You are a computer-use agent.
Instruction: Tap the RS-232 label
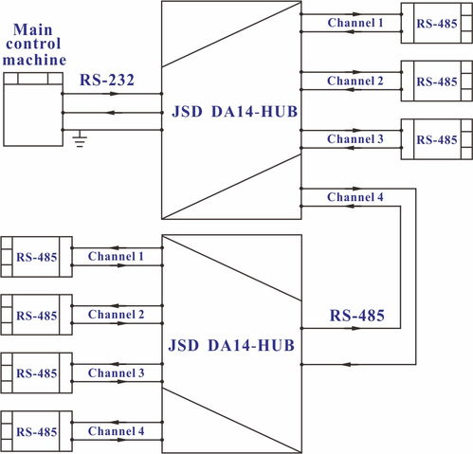[x=107, y=80]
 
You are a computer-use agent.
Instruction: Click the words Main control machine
[x=34, y=45]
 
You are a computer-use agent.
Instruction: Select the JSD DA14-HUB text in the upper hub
[x=235, y=112]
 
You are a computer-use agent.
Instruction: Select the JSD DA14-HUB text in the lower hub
[x=231, y=345]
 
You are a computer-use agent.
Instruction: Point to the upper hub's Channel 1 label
[x=355, y=23]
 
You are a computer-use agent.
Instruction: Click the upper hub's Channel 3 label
[x=355, y=138]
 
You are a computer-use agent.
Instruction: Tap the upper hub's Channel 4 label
[x=355, y=197]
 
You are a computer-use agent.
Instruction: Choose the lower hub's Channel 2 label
[x=116, y=315]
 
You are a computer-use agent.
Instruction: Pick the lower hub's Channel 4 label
[x=116, y=431]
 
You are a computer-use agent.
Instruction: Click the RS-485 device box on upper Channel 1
[x=437, y=23]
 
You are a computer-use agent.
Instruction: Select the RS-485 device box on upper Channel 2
[x=437, y=82]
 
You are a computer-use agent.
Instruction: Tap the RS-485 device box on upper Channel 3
[x=437, y=139]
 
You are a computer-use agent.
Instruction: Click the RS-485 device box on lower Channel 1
[x=36, y=257]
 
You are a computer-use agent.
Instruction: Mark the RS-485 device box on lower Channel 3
[x=36, y=373]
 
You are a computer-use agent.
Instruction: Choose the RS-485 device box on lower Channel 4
[x=36, y=431]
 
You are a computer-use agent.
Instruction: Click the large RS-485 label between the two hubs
[x=357, y=316]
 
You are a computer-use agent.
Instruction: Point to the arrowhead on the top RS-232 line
[x=113, y=94]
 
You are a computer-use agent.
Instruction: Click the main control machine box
[x=33, y=109]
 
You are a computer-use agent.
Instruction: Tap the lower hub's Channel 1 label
[x=116, y=256]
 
